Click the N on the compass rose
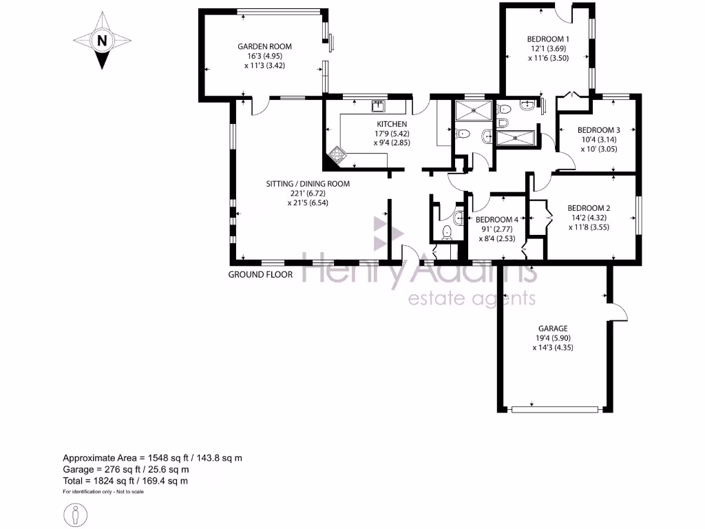[102, 41]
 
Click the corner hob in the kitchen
[335, 156]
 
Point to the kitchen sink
[378, 105]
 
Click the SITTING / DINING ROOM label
[308, 184]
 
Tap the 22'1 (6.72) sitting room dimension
[308, 194]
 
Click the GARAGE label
[553, 329]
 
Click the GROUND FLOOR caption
[261, 274]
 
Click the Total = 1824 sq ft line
[125, 481]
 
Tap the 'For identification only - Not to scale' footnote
[103, 492]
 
